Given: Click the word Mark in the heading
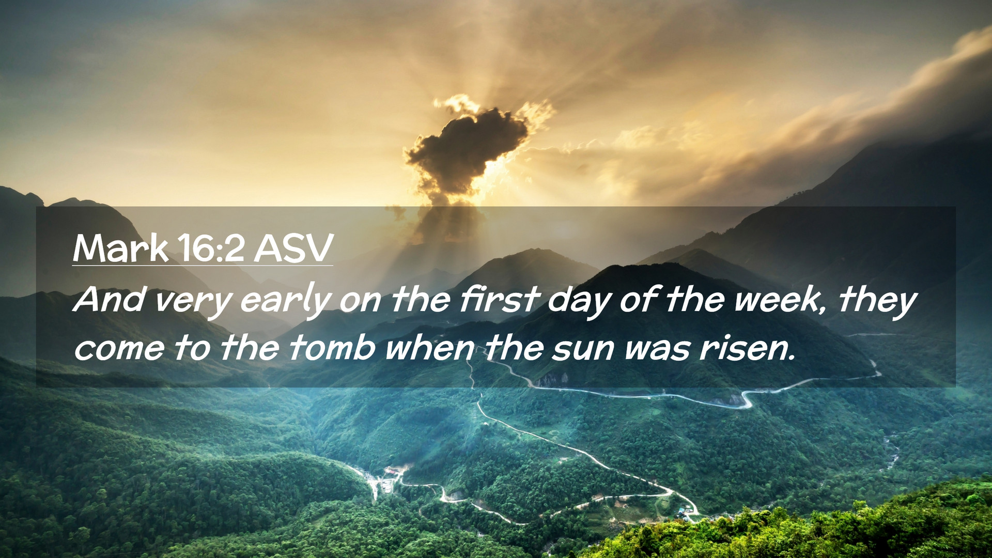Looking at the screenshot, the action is pos(121,249).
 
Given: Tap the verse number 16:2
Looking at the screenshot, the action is pos(212,249).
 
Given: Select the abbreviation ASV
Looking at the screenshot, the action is pos(293,249).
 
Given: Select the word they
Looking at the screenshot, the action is pos(877,301).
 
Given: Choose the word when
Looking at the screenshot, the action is pos(430,347).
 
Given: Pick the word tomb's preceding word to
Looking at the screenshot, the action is pos(193,348).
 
